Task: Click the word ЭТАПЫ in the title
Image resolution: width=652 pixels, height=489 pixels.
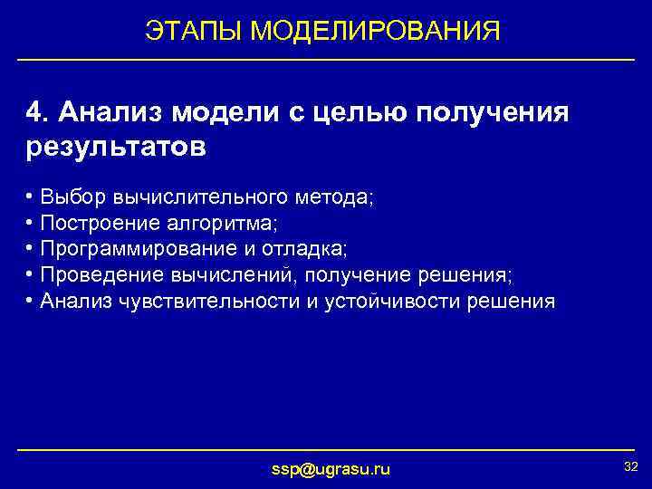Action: [x=194, y=32]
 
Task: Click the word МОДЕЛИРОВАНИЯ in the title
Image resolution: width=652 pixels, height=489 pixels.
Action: [x=375, y=32]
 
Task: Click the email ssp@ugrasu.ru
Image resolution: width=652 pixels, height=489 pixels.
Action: [x=331, y=468]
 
